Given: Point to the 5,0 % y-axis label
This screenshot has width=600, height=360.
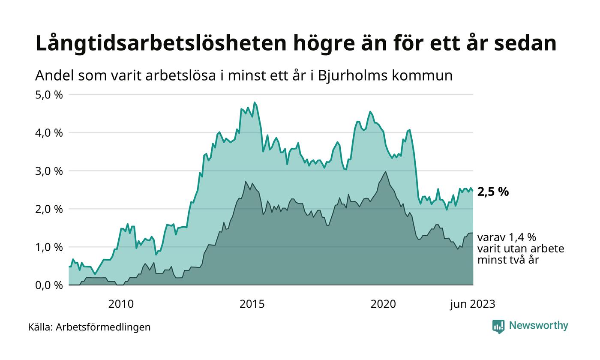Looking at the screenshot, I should [x=49, y=94].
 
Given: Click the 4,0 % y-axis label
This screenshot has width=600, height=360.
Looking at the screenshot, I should [x=49, y=132].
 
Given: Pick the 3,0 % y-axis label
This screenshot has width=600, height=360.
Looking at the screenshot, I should [x=49, y=171].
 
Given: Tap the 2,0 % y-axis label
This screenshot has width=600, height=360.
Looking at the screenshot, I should [x=49, y=209].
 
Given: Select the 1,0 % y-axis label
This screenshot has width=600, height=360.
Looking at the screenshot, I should [x=49, y=247].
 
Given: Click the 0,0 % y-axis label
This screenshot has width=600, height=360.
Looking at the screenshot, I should [x=49, y=285].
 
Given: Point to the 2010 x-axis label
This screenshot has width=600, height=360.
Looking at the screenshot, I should [x=121, y=304].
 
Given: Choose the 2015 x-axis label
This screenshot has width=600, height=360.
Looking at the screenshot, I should [x=252, y=304].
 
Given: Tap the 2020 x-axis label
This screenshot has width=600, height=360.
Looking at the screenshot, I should [x=383, y=304].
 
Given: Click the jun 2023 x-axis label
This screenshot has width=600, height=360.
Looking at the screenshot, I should [x=472, y=304].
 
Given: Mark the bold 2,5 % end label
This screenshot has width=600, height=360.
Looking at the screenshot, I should [x=493, y=192].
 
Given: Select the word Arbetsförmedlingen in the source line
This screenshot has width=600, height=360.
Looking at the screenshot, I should [x=103, y=327].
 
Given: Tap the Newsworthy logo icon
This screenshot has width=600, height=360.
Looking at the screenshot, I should [x=498, y=327].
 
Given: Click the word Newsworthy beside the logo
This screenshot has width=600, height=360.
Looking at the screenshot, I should [x=539, y=326].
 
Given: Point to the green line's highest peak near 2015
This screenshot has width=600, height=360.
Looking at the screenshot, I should [x=255, y=102].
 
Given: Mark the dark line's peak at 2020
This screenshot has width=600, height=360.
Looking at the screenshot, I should [x=386, y=172].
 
